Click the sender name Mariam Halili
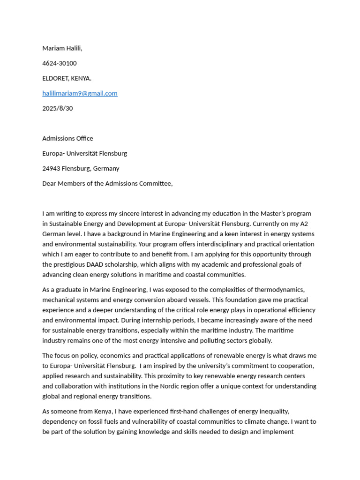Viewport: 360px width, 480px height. click(x=62, y=48)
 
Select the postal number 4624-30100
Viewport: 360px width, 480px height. click(x=60, y=63)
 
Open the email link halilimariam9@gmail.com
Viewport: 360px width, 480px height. click(x=80, y=93)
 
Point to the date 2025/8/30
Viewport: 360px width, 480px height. click(x=58, y=108)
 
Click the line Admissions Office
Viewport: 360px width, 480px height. click(x=67, y=138)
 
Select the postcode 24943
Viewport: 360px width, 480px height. click(x=52, y=168)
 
